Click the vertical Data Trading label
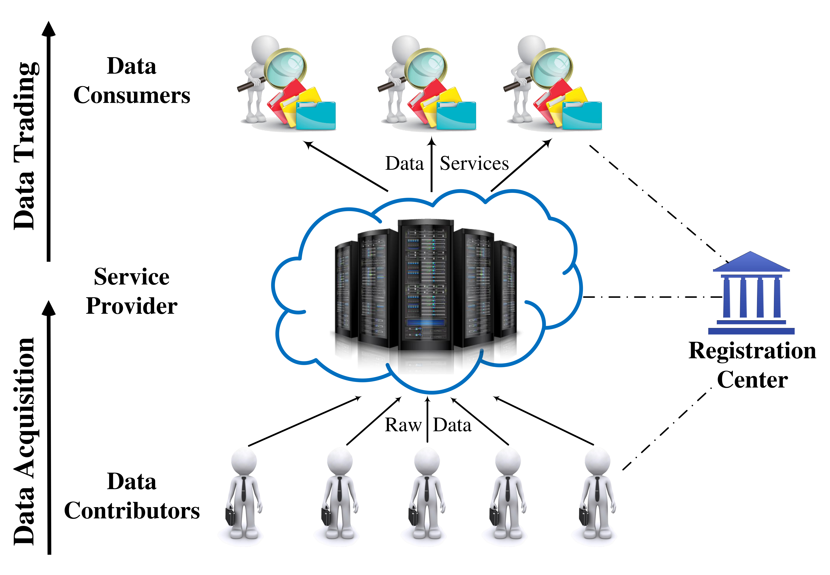point(25,146)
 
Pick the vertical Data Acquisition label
point(25,441)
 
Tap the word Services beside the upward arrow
point(474,164)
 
